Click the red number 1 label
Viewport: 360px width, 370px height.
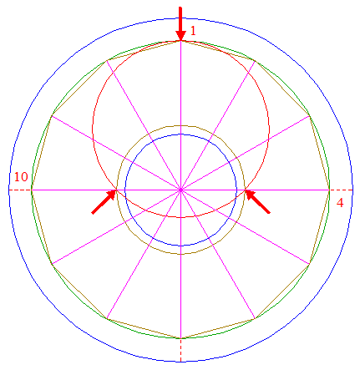[193, 30]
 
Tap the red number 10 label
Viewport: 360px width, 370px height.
[21, 177]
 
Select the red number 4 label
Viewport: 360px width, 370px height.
[340, 203]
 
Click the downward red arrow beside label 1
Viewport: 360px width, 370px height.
[180, 24]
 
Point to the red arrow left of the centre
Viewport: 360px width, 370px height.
[104, 202]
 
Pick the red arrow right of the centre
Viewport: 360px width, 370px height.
[257, 202]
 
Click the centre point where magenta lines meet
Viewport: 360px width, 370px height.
[180, 190]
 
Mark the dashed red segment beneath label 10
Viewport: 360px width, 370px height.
[20, 190]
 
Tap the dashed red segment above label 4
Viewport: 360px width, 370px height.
[342, 190]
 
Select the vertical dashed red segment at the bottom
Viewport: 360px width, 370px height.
[180, 350]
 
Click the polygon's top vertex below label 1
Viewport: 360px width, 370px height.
[180, 41]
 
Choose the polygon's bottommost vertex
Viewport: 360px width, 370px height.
[180, 338]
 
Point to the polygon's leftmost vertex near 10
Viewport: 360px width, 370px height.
[32, 190]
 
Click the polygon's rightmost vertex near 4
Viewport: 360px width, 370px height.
[330, 190]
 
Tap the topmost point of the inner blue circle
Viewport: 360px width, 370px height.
[180, 134]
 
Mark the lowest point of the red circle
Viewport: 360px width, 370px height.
[180, 217]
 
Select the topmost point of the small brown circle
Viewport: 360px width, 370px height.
[180, 125]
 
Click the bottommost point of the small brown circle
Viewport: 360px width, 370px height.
[180, 254]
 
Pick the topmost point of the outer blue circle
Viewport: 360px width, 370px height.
[180, 18]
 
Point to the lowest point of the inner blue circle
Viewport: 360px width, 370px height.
[180, 246]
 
